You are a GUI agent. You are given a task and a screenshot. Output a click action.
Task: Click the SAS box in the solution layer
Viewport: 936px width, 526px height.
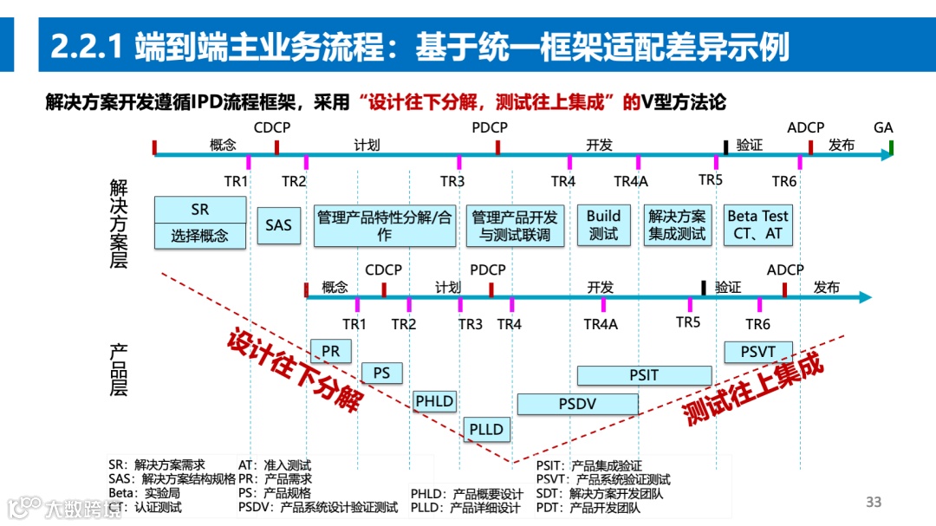278,225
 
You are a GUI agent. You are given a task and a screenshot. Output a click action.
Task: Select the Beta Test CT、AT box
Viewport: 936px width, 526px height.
757,225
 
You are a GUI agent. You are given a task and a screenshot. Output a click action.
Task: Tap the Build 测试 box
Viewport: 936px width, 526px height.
603,225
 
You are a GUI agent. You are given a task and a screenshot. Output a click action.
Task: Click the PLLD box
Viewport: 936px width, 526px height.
486,429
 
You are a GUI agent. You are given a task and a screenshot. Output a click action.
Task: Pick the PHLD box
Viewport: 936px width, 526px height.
434,401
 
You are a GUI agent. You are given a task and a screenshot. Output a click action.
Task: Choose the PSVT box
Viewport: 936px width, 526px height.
757,351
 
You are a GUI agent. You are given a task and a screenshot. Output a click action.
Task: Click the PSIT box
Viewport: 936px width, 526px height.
644,375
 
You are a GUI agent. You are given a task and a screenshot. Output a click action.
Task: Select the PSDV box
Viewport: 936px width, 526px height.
577,404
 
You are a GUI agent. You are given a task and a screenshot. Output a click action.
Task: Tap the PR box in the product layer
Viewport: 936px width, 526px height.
330,351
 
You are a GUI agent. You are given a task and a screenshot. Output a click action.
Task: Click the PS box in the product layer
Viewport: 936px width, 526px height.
381,373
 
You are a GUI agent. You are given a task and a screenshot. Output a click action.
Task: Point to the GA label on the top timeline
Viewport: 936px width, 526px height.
883,128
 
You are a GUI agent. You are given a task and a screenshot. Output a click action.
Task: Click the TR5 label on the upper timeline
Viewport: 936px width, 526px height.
711,179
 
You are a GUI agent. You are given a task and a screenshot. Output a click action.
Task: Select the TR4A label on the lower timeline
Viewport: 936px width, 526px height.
601,324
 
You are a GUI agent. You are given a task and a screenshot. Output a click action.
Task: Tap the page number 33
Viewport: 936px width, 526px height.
874,503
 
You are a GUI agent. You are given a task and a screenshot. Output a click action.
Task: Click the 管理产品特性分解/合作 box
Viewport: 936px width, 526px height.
384,225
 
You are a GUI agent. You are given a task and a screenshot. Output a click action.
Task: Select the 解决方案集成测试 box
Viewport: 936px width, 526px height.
677,225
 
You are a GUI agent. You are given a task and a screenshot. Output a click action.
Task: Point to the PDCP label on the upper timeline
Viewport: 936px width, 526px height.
490,128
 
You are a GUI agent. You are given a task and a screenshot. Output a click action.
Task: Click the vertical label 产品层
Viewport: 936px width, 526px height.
119,370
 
